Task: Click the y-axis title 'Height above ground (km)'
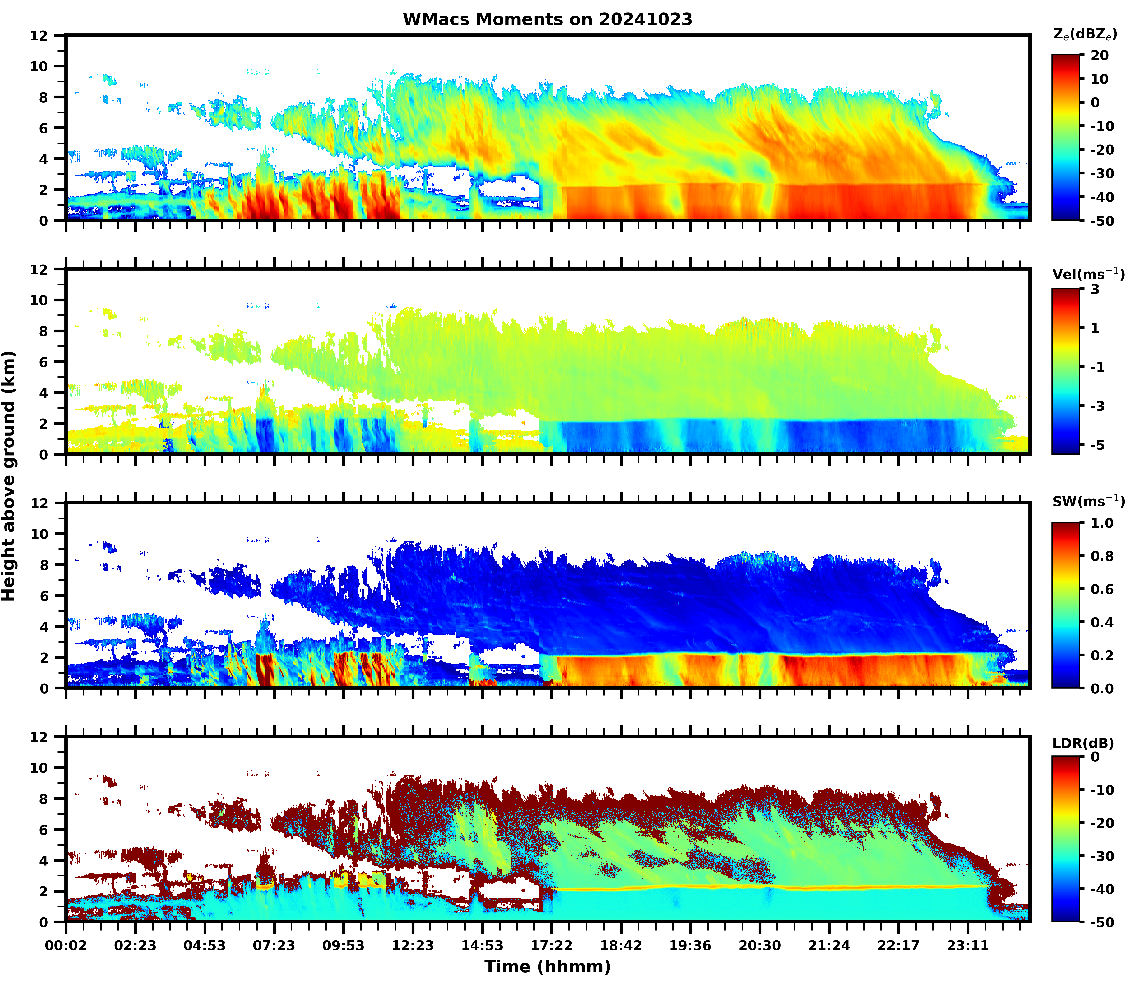pyautogui.click(x=9, y=476)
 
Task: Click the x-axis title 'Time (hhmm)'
pyautogui.click(x=547, y=967)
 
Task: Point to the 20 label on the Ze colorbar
pyautogui.click(x=1100, y=56)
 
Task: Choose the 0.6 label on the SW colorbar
pyautogui.click(x=1102, y=589)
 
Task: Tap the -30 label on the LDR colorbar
pyautogui.click(x=1102, y=856)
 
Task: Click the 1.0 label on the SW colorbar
pyautogui.click(x=1102, y=523)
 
